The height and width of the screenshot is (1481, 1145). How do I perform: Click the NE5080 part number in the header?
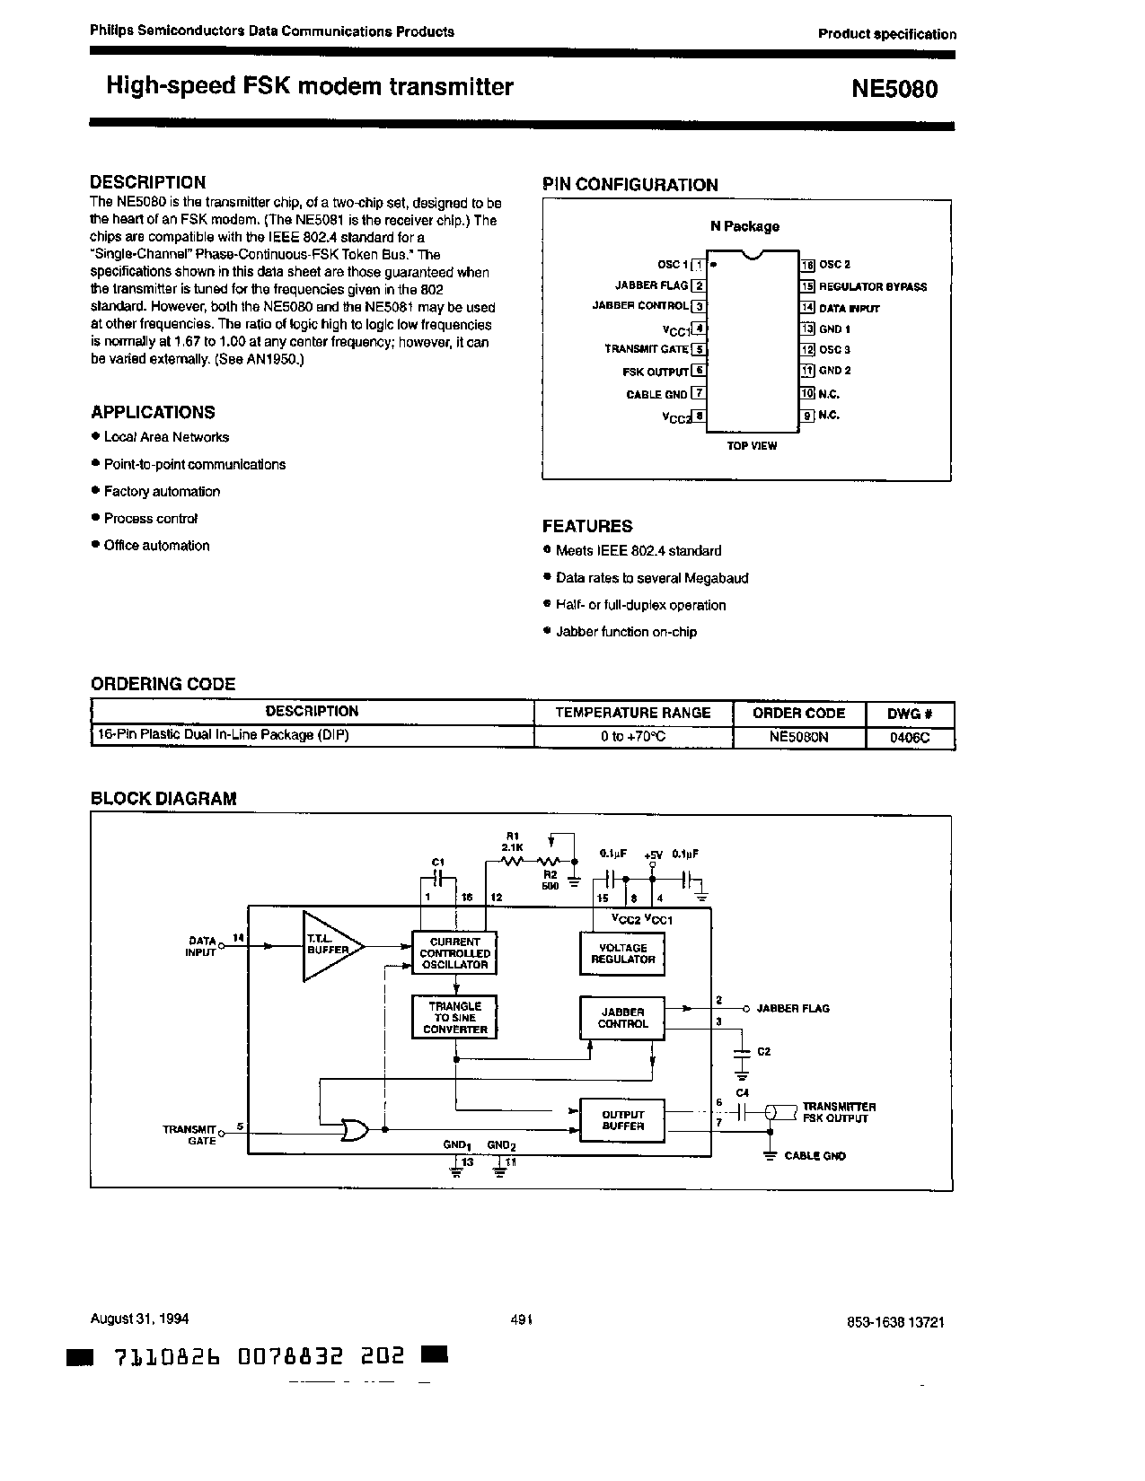[894, 89]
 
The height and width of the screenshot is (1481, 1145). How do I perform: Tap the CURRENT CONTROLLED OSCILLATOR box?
[454, 953]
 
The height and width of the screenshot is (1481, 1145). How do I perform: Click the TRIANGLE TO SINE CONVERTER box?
[454, 1018]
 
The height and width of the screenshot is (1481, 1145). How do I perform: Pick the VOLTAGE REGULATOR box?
[623, 953]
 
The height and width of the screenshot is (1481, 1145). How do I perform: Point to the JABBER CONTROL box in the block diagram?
[622, 1018]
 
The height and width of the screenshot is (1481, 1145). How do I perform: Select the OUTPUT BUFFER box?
[623, 1120]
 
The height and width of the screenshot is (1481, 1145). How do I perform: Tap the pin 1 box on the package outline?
[698, 265]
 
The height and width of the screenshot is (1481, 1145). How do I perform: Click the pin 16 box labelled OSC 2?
[807, 265]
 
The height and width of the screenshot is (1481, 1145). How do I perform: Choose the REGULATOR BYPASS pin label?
[872, 287]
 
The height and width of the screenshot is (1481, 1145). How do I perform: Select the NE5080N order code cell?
[798, 736]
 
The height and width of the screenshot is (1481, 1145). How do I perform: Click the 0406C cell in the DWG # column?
[910, 736]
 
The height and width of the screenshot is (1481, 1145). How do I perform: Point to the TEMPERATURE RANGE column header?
[633, 713]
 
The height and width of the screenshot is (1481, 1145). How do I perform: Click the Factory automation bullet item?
[162, 492]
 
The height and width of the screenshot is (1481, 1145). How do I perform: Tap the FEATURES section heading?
[587, 527]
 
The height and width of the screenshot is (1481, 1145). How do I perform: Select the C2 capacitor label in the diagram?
[763, 1051]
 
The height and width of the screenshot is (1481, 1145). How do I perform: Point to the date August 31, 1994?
[139, 1319]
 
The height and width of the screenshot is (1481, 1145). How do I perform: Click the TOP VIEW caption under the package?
[752, 446]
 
